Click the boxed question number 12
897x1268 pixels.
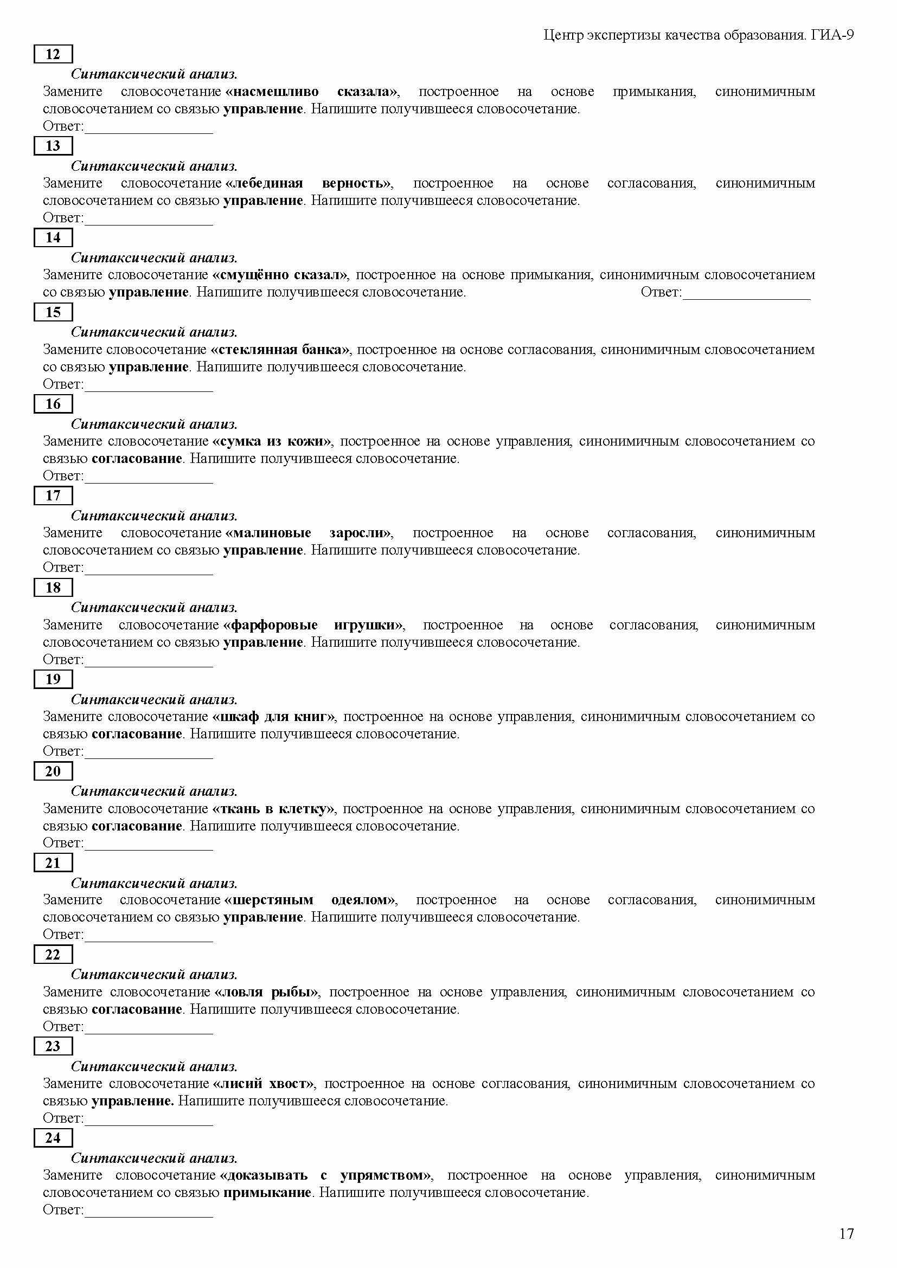pos(53,54)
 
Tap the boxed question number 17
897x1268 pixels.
pos(53,495)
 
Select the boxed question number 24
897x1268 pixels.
pos(53,1138)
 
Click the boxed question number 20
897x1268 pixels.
pos(53,771)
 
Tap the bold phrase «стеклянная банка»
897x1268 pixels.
pos(280,350)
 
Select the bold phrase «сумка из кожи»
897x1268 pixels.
pos(272,441)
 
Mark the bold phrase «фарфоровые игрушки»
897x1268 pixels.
pos(312,625)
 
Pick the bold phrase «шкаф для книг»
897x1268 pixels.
pos(274,717)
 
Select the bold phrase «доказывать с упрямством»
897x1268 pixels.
pos(326,1175)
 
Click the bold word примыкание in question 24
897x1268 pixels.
pos(267,1192)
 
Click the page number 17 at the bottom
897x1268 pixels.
pos(846,1234)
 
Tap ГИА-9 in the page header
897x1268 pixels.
pos(832,35)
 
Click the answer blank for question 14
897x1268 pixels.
pos(746,293)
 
